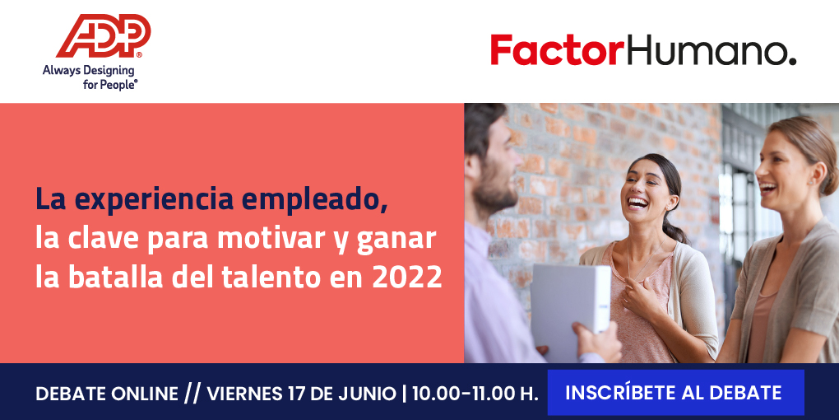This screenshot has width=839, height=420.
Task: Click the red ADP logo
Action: (104, 36)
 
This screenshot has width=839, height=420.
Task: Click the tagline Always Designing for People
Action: (90, 77)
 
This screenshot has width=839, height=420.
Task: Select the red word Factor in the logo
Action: (557, 49)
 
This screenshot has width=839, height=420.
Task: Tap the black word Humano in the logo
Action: (710, 49)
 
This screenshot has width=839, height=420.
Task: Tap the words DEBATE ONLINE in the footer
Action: (106, 394)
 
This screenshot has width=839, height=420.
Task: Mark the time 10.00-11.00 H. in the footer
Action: (475, 394)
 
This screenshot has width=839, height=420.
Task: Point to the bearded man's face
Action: (495, 167)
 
